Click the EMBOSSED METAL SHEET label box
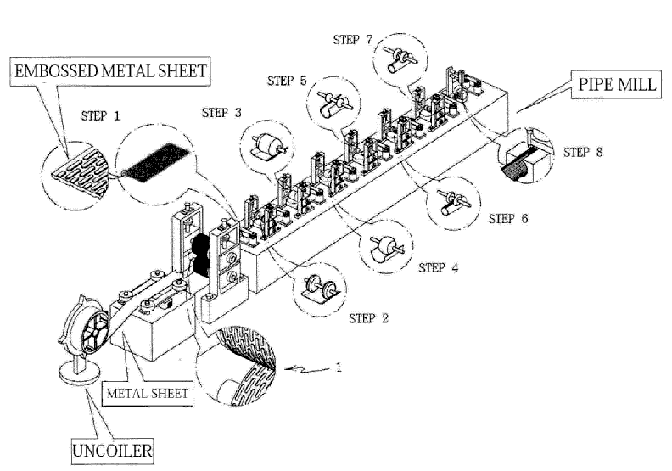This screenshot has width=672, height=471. (109, 70)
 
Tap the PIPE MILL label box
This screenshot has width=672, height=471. (609, 86)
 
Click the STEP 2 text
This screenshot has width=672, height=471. (369, 319)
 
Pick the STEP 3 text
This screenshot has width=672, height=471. (221, 113)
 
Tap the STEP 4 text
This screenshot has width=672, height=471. (439, 268)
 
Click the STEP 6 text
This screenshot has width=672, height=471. (508, 218)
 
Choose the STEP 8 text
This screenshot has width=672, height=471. (583, 154)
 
